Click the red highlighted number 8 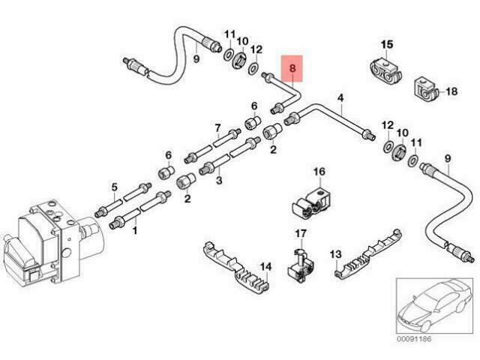[292, 68]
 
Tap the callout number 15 [387, 44]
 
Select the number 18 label [451, 91]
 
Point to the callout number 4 [340, 98]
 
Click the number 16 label [319, 172]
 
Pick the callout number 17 [300, 234]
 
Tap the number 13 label [335, 254]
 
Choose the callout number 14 [265, 267]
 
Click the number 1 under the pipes [135, 230]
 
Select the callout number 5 [114, 187]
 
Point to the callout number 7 [217, 127]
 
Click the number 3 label [219, 180]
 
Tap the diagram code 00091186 [414, 339]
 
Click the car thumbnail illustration [434, 306]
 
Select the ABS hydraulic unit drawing [52, 241]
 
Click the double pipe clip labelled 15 [385, 71]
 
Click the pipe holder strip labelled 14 [235, 267]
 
